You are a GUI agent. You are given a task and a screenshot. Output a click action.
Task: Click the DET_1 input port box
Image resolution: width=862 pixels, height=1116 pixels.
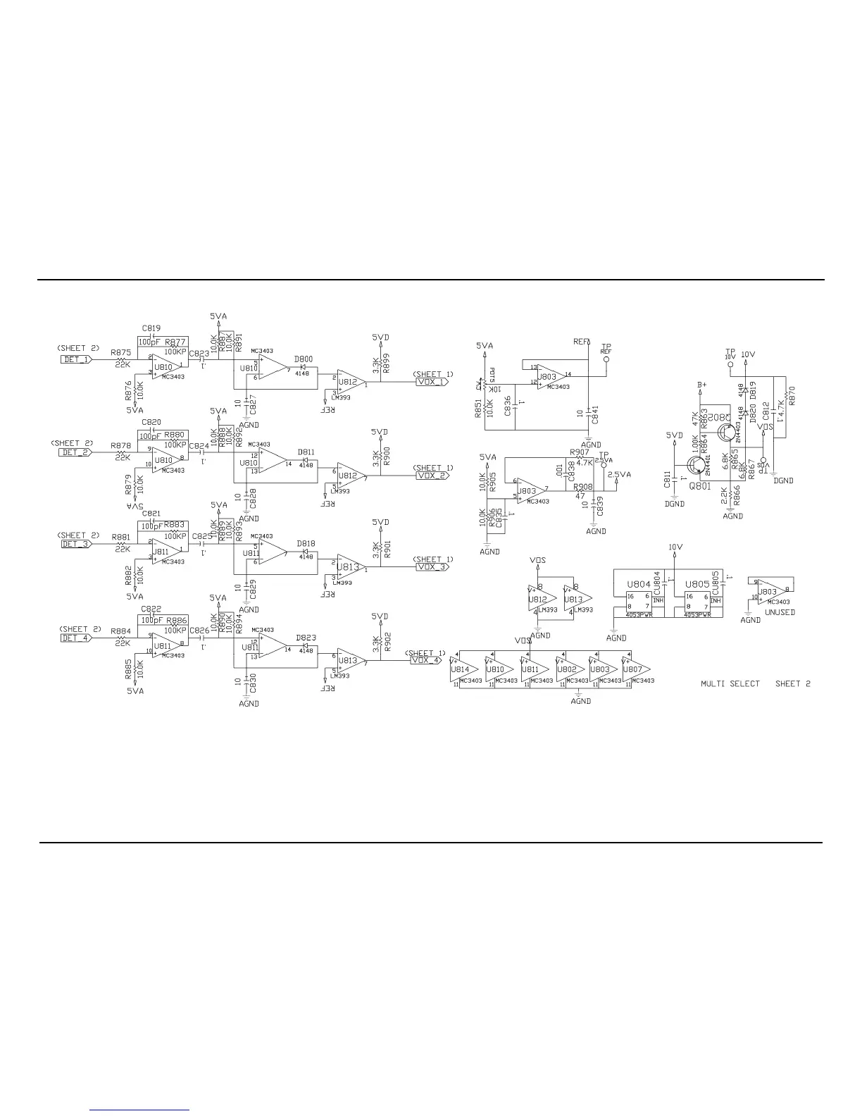coord(76,359)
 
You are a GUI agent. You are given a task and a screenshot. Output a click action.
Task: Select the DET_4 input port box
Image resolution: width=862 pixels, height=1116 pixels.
coord(76,638)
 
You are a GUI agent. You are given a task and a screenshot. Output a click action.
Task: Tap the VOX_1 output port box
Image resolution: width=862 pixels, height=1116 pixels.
coord(431,382)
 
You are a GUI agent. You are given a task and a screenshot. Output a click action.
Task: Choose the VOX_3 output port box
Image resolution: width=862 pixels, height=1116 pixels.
coord(431,567)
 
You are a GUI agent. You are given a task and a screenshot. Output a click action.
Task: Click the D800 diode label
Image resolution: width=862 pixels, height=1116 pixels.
coord(305,359)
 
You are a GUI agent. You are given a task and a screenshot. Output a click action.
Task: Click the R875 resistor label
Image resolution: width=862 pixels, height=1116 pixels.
coord(120,353)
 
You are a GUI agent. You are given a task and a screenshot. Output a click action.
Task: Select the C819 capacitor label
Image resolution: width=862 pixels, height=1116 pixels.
coord(151,328)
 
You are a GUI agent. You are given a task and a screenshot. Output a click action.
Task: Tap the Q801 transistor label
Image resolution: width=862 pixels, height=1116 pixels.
coord(699,485)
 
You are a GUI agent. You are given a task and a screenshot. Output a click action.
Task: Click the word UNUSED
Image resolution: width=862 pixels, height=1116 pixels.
coord(780,612)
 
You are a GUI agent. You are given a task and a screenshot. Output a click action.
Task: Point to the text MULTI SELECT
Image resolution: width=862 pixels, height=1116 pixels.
coord(730,683)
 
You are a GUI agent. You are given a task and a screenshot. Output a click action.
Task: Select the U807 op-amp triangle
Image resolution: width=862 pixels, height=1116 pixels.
coord(636,671)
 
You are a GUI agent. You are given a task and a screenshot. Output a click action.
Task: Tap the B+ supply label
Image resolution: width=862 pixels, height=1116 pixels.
coord(701,385)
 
